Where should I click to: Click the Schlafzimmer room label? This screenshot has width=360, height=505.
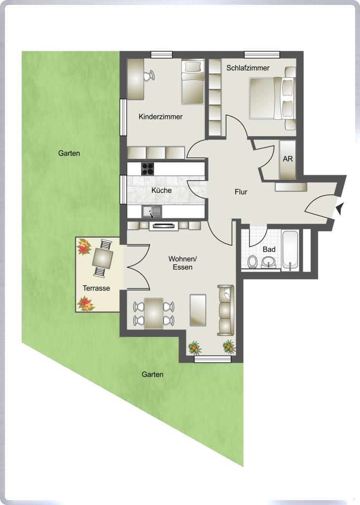click(248, 68)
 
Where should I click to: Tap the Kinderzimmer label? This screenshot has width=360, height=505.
click(160, 116)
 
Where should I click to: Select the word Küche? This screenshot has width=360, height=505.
click(161, 190)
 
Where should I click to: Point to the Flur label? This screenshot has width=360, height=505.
click(241, 192)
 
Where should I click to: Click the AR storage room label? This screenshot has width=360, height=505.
click(288, 159)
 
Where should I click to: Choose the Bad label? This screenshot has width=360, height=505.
click(269, 249)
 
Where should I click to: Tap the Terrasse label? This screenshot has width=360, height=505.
click(96, 288)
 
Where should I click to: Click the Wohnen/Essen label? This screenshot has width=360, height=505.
click(182, 263)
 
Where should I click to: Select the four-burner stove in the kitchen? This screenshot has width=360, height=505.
click(147, 169)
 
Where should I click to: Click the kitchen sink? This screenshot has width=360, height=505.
click(152, 212)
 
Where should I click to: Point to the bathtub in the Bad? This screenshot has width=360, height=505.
click(290, 249)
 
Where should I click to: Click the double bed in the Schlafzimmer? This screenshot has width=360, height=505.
click(272, 98)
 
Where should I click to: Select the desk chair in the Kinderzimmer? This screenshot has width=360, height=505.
click(149, 75)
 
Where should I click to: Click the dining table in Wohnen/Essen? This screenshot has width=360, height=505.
click(153, 313)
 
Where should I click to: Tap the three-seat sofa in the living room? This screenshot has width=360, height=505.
click(225, 310)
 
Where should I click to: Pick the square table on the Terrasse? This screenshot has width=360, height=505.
click(103, 258)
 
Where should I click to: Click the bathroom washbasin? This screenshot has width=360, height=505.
click(268, 262)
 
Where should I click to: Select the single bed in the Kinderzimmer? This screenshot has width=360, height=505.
click(193, 82)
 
